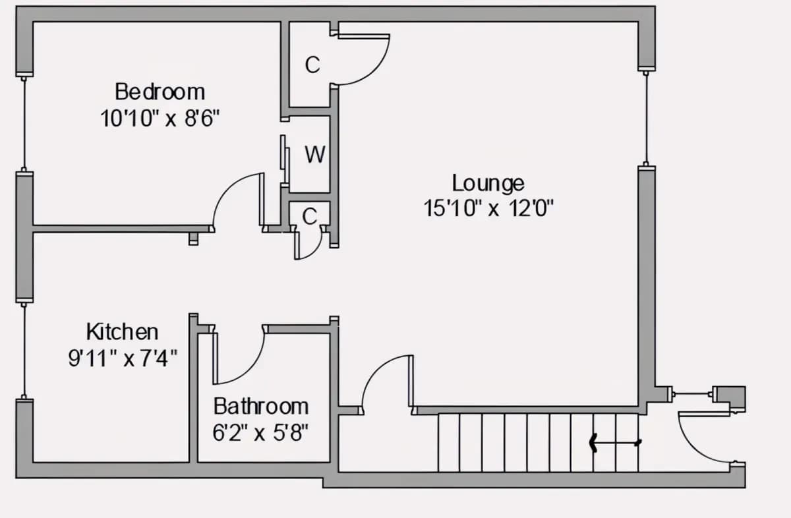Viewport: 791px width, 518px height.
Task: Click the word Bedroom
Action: tap(160, 92)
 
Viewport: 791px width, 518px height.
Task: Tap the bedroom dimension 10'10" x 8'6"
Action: tap(160, 118)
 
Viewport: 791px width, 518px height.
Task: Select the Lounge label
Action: tap(488, 184)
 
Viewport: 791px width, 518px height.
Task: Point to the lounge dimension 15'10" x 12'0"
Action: tap(488, 208)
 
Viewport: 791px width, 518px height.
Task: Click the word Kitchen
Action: tap(122, 332)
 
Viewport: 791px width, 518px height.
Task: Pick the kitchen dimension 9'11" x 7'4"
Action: tap(123, 358)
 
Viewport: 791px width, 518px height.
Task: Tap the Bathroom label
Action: tap(261, 407)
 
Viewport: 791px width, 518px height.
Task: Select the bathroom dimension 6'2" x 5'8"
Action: tap(260, 432)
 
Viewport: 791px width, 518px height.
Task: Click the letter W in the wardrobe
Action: tap(315, 155)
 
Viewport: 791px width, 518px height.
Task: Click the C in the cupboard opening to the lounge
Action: tap(312, 65)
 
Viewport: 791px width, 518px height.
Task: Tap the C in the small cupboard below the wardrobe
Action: tap(310, 216)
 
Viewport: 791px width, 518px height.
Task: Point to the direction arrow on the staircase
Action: tap(615, 442)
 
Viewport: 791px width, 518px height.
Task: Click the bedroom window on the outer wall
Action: tap(24, 124)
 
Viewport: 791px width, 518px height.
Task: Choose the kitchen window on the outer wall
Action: tap(24, 351)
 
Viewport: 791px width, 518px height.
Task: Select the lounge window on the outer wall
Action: tap(646, 118)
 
